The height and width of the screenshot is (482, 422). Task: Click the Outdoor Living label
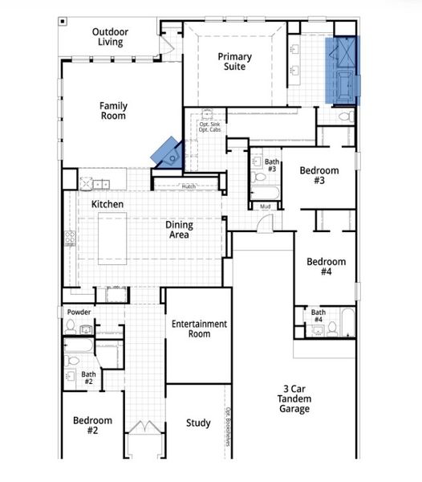111,37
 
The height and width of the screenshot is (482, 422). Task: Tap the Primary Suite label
235,62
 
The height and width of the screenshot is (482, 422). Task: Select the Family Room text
113,111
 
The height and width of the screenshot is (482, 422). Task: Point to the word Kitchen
107,205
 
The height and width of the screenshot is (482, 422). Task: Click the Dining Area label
179,231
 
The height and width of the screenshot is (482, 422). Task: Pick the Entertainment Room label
199,329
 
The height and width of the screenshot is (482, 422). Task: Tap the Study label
198,423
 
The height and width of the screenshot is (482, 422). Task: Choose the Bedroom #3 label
319,176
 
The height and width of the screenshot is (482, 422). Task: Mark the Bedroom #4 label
326,267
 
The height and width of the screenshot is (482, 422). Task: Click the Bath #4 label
319,316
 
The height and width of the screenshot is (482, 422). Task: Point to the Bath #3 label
272,165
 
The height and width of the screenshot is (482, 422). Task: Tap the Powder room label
78,312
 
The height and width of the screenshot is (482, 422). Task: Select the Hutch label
188,186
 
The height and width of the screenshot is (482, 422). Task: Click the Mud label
265,206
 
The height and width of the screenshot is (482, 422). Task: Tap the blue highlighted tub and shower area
343,71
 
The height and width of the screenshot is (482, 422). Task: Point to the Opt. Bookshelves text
228,427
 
